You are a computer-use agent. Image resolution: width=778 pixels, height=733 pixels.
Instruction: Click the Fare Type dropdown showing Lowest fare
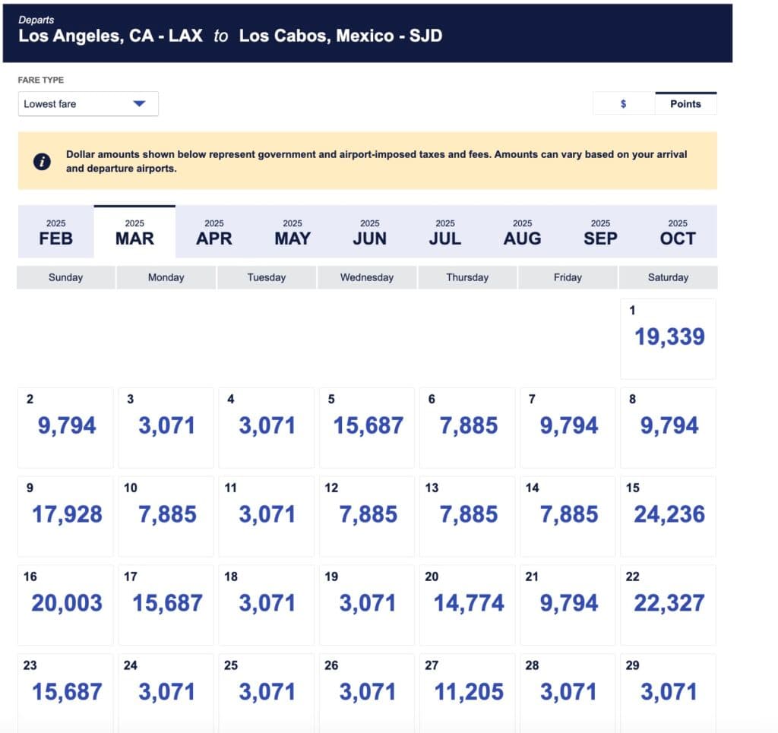88,104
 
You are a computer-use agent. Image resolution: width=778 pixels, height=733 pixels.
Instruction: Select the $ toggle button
623,104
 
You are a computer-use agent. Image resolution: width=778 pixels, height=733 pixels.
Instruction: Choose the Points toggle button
685,104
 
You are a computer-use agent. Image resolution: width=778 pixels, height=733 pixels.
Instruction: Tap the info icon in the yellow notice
43,161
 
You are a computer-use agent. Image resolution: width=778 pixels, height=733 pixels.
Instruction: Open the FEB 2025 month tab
56,232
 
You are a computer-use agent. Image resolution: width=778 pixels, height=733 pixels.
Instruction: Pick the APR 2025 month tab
213,232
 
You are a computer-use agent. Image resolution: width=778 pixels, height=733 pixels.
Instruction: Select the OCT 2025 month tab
677,232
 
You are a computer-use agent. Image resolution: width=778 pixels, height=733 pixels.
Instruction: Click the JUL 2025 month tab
445,232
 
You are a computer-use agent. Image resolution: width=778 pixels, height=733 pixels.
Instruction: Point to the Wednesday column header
367,277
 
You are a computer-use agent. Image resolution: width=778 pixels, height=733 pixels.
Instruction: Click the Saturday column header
668,277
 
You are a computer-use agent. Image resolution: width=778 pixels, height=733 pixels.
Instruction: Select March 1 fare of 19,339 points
669,336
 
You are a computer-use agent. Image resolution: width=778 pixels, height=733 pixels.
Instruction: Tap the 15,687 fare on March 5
368,425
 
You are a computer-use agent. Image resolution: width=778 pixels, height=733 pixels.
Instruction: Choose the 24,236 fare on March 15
669,514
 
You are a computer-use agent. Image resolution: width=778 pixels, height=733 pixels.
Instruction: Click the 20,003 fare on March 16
67,603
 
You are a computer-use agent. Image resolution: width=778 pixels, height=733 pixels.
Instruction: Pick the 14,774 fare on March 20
469,603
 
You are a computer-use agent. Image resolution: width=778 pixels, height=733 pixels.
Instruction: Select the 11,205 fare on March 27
469,692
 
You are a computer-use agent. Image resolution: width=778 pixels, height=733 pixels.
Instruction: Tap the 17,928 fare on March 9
67,514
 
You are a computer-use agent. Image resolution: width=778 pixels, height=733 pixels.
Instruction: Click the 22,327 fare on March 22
669,603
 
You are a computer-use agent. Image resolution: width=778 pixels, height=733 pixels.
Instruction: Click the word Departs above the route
36,20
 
